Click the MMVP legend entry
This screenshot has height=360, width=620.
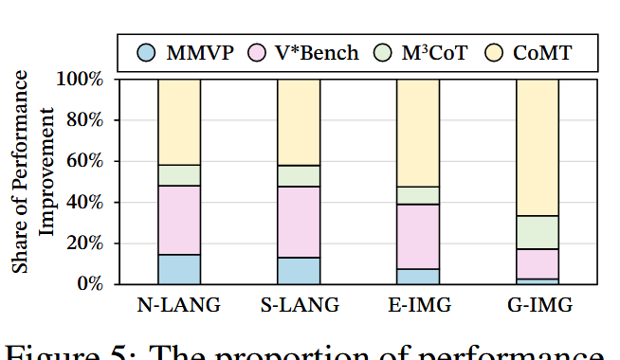coord(184,52)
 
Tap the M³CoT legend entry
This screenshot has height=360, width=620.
coord(422,52)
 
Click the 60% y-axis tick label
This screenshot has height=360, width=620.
coord(83,161)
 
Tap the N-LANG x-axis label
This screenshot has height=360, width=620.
coord(179,306)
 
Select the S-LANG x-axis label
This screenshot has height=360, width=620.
coord(298,306)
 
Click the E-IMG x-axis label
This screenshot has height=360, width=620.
coord(418,306)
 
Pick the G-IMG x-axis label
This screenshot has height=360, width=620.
coord(538,306)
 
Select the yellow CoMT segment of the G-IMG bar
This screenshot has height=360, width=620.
coord(538,147)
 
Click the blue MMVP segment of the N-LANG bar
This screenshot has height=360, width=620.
coord(179,269)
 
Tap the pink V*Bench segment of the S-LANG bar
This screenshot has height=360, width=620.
coord(298,222)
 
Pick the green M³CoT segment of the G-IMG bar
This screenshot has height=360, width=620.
coord(538,232)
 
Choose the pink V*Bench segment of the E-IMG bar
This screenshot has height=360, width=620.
coord(418,237)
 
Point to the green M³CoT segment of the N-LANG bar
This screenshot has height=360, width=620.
coord(179,175)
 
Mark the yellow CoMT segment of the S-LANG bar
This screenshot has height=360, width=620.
coord(298,121)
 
